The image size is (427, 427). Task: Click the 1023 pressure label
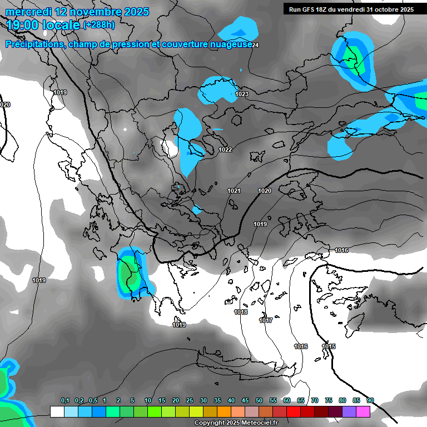point(241,94)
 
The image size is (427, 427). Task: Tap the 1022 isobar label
point(225,150)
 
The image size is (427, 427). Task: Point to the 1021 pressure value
point(234,191)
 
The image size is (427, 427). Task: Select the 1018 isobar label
point(241,312)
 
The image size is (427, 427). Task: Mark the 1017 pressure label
point(266,320)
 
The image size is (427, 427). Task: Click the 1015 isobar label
point(329,346)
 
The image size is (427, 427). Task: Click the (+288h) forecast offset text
point(99,24)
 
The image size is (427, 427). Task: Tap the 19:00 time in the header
point(23,25)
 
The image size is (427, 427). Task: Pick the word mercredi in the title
point(26,11)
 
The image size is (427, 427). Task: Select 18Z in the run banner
point(327,9)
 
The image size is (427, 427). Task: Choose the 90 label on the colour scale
point(370,400)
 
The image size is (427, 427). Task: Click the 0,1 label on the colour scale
point(65,400)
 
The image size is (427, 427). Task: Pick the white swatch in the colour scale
point(57,411)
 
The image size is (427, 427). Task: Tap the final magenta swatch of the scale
point(363,411)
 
